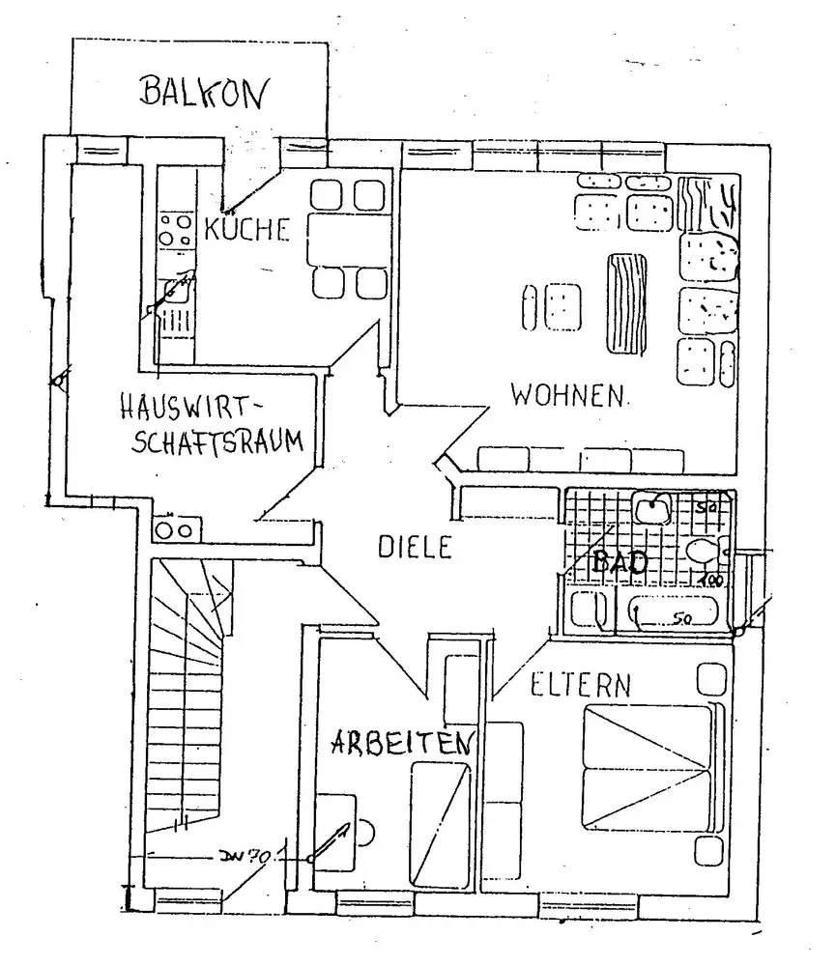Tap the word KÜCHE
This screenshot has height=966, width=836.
tap(247, 230)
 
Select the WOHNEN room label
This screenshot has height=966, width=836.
tap(568, 395)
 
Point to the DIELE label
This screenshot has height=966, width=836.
tap(414, 548)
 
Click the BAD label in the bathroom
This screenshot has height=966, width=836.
tap(619, 563)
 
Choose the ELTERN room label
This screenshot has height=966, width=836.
tap(580, 686)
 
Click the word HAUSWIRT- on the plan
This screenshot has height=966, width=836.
tap(194, 406)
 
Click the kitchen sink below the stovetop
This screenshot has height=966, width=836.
tap(176, 289)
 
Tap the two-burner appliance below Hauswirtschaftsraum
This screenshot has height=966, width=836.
tap(176, 529)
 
